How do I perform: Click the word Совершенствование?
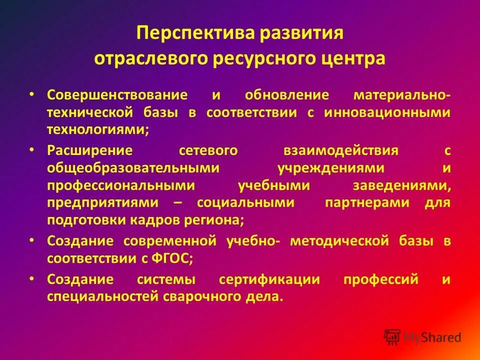[117, 94]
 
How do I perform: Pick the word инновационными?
[387, 112]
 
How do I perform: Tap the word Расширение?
[90, 150]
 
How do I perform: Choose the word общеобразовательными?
[133, 168]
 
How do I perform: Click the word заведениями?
[402, 185]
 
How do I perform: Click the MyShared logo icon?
[393, 336]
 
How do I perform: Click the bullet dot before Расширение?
[31, 149]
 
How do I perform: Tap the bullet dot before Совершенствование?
[31, 93]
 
